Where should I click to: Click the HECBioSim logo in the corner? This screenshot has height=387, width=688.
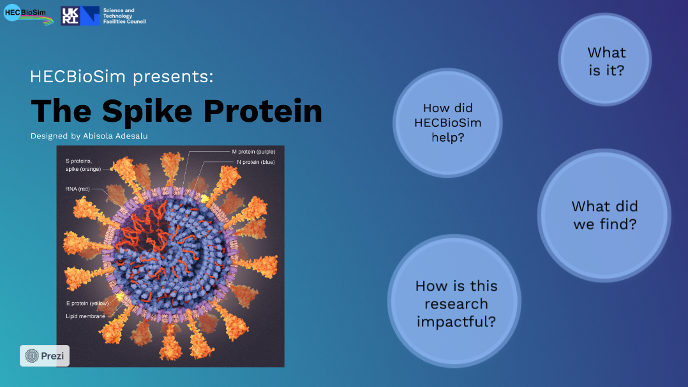point(28,15)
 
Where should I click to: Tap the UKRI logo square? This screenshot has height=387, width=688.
point(70,16)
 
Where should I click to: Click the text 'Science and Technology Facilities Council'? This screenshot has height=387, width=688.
point(124,16)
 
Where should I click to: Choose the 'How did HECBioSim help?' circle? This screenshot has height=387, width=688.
point(447,122)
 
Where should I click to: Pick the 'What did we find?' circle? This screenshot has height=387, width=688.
point(604,215)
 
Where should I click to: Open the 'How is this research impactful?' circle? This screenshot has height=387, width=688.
point(454,302)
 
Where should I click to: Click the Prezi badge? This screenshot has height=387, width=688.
point(44,356)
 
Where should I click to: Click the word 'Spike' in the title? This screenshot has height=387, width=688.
point(147,112)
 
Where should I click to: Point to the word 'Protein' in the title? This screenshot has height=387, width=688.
point(263,111)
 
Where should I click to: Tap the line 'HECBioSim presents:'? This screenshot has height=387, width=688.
point(121,77)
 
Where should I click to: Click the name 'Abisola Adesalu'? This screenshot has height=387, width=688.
point(116,136)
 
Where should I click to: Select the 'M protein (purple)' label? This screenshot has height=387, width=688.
point(253,152)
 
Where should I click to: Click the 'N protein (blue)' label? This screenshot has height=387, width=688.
point(256,162)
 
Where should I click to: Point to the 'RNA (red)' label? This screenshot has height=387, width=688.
point(78,189)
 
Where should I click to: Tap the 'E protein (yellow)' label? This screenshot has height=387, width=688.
point(87,303)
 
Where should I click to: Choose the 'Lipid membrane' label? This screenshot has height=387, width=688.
point(86,316)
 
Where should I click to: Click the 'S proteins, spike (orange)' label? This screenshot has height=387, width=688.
point(84,165)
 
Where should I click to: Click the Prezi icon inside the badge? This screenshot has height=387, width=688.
point(32,356)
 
